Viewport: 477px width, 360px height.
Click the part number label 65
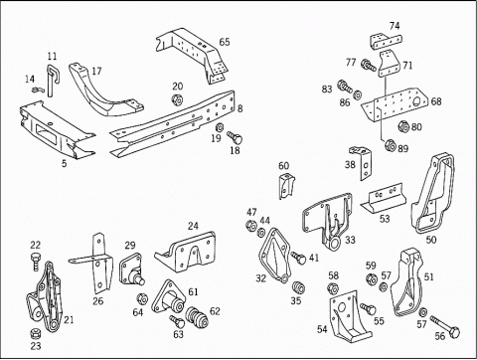(225, 42)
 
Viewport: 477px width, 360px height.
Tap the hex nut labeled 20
(177, 99)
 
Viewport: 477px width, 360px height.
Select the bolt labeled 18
(235, 137)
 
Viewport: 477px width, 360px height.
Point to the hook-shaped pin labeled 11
(52, 80)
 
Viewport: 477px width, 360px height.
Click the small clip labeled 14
(37, 90)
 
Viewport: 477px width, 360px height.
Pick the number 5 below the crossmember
(64, 163)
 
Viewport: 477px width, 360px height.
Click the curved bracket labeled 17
(104, 90)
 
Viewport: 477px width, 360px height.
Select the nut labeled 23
(35, 333)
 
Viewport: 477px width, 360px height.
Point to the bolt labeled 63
(177, 321)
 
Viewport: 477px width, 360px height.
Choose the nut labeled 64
(142, 298)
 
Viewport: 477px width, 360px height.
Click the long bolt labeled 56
(445, 326)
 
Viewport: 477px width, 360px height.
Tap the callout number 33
(350, 240)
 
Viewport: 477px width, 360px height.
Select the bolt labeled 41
(299, 258)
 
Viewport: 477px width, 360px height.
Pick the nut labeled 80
(403, 126)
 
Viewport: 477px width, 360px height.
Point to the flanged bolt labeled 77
(369, 65)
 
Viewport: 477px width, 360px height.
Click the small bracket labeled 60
(286, 186)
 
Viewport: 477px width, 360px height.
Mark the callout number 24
(193, 226)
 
